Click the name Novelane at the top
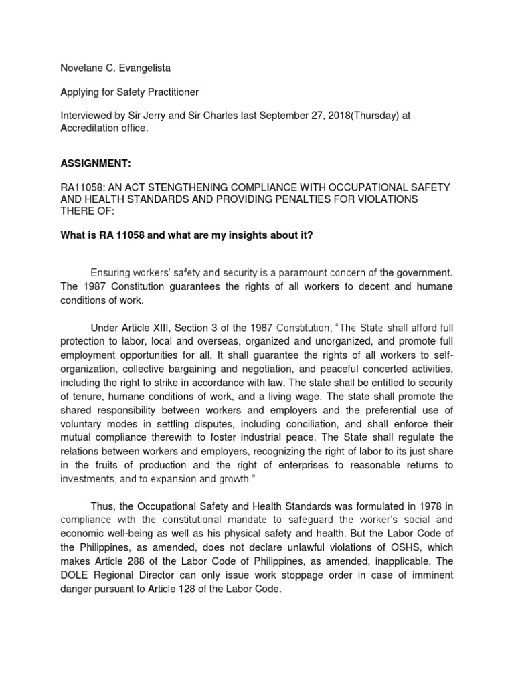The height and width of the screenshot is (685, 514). click(x=76, y=68)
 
